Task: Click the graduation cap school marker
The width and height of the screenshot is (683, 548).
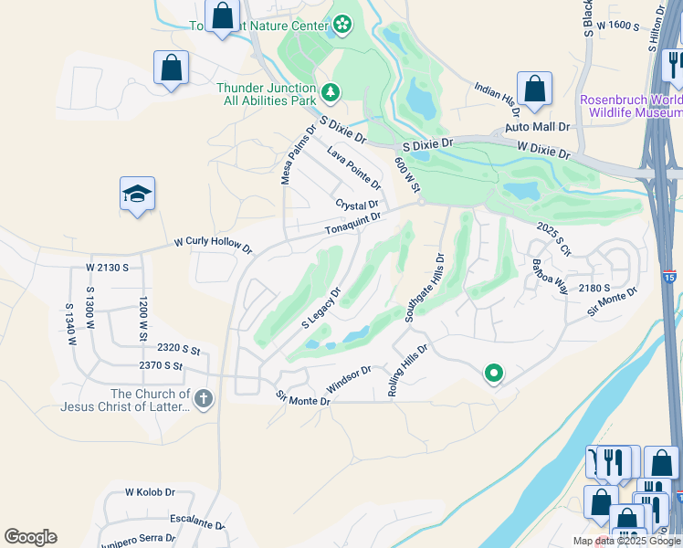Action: [137, 194]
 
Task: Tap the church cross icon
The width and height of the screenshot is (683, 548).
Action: [203, 398]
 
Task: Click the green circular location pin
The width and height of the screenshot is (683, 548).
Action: [494, 373]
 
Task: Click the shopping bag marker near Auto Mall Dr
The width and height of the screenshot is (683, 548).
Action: [534, 90]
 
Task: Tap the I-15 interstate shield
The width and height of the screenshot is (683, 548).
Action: [670, 274]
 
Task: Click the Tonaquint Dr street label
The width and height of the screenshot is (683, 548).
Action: [352, 223]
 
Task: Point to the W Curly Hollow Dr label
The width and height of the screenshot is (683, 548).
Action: [213, 245]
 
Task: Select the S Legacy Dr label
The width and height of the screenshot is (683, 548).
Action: [320, 309]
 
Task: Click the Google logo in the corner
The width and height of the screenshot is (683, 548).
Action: [30, 537]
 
